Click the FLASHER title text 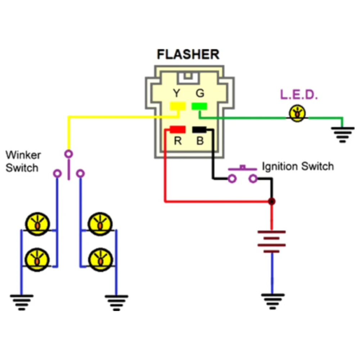tap(188, 54)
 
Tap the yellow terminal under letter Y tap(177, 106)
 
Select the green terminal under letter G tap(199, 106)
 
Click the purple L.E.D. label tap(299, 95)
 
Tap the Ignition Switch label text tap(297, 167)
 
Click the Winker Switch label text tap(23, 161)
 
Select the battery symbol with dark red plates tap(272, 239)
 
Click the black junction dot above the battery tap(272, 202)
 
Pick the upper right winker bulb tap(100, 224)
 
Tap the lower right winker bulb tap(100, 259)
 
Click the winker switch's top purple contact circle tap(68, 154)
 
